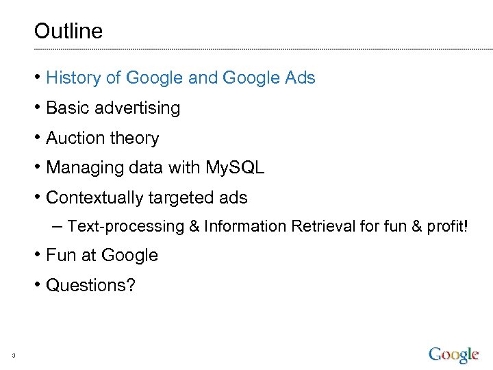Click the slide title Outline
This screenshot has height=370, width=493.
pyautogui.click(x=68, y=31)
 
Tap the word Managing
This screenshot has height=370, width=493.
pyautogui.click(x=85, y=168)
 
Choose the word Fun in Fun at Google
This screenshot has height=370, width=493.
pyautogui.click(x=60, y=256)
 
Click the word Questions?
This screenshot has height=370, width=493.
pyautogui.click(x=91, y=285)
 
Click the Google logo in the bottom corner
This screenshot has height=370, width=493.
pyautogui.click(x=453, y=354)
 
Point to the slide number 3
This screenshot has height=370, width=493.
pyautogui.click(x=13, y=355)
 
